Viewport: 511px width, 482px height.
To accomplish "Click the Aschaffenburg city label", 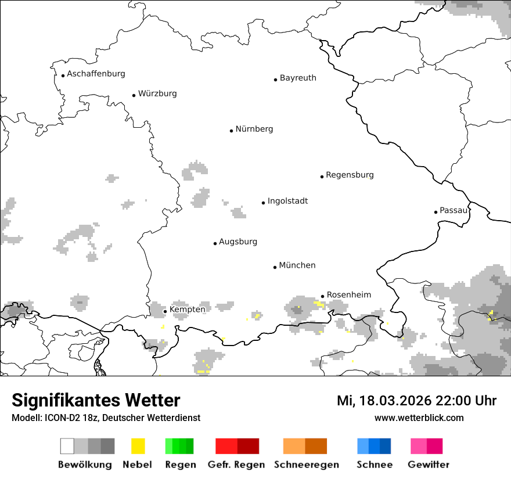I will (96, 74).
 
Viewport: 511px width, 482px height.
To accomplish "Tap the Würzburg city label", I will (157, 93).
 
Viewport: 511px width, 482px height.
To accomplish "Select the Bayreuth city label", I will (298, 78).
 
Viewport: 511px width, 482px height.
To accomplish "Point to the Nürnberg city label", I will (254, 130).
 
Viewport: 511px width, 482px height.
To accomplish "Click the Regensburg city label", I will (350, 175).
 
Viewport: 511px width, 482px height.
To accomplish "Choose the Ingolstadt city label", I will (287, 202).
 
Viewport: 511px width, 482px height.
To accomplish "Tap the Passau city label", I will (454, 210).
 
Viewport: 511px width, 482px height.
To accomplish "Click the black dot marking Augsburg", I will (215, 243).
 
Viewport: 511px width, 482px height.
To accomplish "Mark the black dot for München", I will (275, 267).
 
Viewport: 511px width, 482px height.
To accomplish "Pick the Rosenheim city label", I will (349, 295).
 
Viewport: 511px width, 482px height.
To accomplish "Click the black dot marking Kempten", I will (165, 311).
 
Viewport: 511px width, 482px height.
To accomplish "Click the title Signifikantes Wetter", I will (96, 401).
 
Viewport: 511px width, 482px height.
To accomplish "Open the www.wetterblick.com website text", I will (419, 418).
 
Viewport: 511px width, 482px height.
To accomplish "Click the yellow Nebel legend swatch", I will (138, 446).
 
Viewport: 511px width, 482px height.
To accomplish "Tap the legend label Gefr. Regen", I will (236, 465).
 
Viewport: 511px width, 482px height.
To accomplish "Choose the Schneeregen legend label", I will (307, 465).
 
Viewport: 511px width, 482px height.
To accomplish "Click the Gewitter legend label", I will (429, 465).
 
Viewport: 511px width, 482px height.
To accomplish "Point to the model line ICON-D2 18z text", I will (106, 418).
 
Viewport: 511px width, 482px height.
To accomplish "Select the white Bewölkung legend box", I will (67, 446).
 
